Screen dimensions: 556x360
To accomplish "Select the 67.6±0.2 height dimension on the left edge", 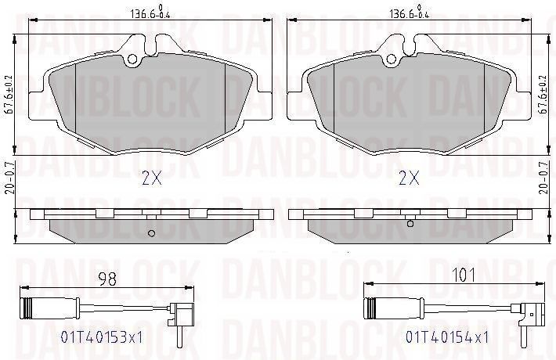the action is point(9,95).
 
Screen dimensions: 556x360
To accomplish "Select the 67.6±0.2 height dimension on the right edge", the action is point(543,95).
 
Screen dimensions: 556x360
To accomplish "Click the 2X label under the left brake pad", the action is point(152,178).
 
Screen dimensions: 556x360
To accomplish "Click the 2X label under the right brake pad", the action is point(409,178).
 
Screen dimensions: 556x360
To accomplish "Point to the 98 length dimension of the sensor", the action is point(107,279).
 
